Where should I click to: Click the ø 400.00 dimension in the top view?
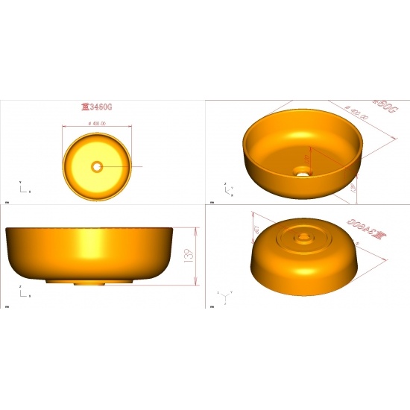(x=98, y=123)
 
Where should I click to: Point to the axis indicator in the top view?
(x=22, y=186)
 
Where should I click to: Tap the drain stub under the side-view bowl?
(x=90, y=283)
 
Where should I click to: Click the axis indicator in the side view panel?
(x=22, y=291)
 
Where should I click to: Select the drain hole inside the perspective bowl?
(x=303, y=171)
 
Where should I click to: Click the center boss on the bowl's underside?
(x=303, y=238)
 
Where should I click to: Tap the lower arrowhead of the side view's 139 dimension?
(x=195, y=283)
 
